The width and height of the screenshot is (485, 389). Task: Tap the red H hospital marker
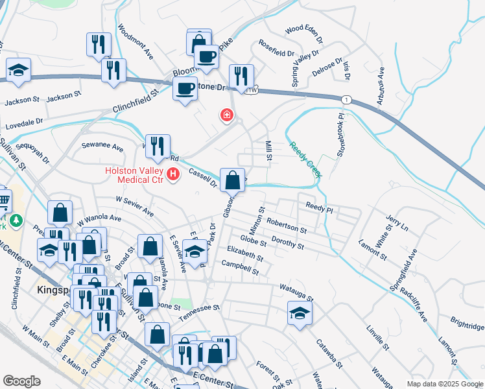click(x=173, y=174)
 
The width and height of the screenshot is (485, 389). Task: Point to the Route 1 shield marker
click(x=348, y=99)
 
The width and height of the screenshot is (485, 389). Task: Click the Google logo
click(x=21, y=381)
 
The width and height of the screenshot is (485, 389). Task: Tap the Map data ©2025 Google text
click(x=444, y=384)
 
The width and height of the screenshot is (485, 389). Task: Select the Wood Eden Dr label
click(x=303, y=29)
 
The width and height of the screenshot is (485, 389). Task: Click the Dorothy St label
click(x=288, y=242)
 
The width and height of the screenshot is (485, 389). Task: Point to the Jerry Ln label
click(x=396, y=224)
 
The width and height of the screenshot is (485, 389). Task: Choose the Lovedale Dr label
click(x=24, y=121)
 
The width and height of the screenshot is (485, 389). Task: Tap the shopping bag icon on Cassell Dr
click(x=232, y=180)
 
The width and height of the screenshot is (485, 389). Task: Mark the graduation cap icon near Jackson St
click(x=19, y=71)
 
